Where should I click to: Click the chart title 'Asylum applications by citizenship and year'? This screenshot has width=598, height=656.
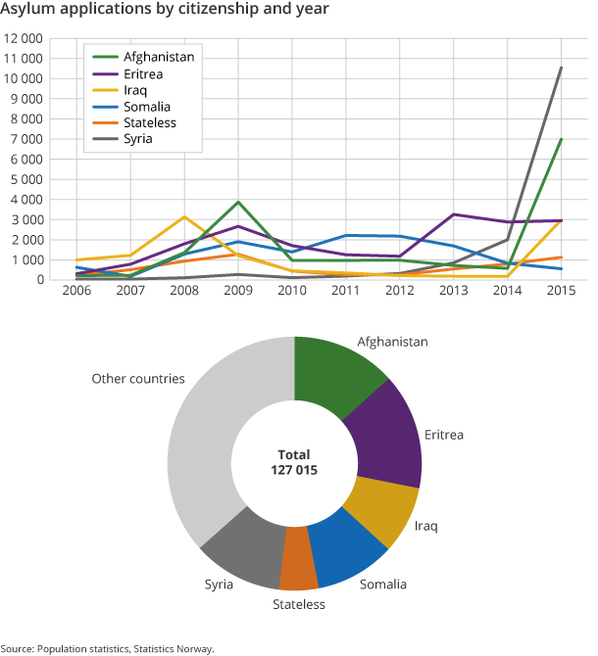[165, 10]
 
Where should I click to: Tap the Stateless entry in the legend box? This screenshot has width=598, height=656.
[150, 123]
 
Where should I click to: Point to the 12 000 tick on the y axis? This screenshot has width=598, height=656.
[24, 38]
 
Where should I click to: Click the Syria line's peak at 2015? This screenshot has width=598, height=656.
[561, 68]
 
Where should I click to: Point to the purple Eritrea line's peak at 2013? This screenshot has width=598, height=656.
[454, 214]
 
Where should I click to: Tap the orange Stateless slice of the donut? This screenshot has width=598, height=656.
[300, 558]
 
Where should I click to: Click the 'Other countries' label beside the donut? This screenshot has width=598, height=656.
[138, 379]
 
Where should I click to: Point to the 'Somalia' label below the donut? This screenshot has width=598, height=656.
[382, 585]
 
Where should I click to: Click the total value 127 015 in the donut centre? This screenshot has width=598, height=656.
[294, 470]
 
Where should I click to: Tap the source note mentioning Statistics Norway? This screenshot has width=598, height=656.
[107, 648]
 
